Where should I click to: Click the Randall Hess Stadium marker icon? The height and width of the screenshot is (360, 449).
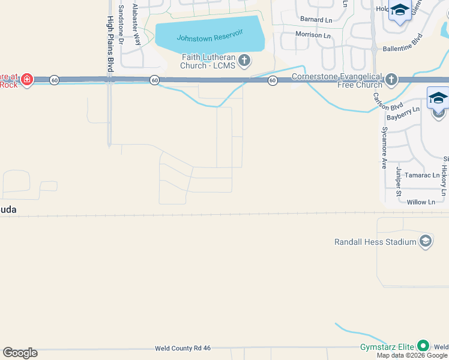(425, 241)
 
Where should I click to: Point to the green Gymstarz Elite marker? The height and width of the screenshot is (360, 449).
(423, 346)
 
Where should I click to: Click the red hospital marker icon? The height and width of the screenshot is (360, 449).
(27, 79)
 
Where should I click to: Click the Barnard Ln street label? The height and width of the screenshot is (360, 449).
(316, 20)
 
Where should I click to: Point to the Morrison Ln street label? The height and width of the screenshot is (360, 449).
(313, 35)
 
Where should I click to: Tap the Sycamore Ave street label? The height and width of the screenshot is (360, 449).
(384, 148)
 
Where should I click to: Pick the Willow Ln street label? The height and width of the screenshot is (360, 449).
(420, 203)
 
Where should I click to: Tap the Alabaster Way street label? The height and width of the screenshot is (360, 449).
(137, 25)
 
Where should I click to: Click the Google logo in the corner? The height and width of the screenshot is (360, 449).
(20, 353)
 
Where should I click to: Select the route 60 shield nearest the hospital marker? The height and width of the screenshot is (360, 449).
(54, 80)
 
